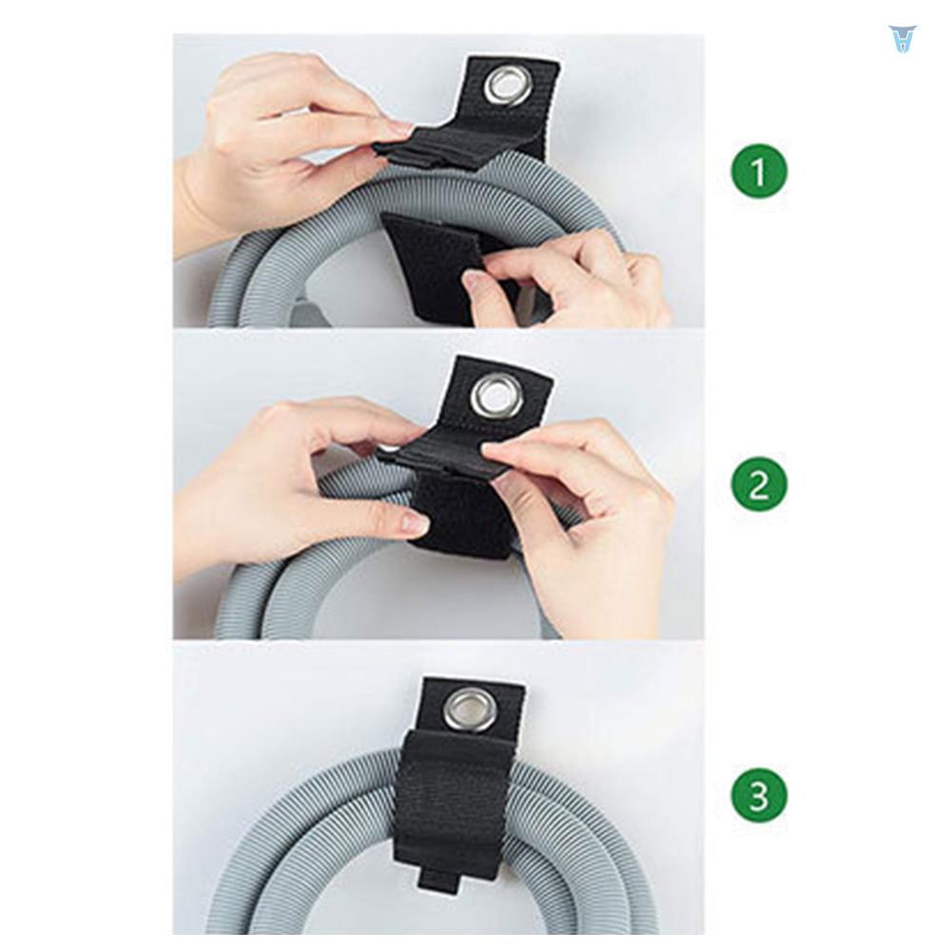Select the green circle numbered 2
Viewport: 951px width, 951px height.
click(x=758, y=485)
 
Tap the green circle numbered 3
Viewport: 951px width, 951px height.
click(x=758, y=796)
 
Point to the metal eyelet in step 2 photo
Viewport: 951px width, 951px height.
click(x=496, y=395)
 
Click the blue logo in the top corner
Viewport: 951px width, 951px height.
click(x=901, y=38)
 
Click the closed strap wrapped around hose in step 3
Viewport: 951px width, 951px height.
click(x=452, y=799)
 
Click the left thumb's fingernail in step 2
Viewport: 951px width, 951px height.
click(x=414, y=522)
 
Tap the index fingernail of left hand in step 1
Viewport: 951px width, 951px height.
click(x=398, y=127)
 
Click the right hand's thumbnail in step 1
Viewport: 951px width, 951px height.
click(x=475, y=279)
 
